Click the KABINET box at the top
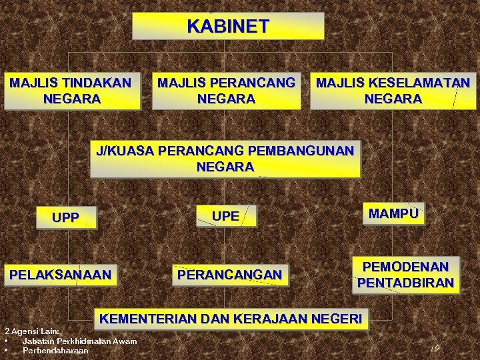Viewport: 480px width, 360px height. [x=228, y=27]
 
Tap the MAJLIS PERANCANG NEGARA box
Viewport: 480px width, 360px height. [x=226, y=91]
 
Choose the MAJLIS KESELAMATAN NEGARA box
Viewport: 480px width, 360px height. [x=393, y=91]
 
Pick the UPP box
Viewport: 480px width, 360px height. [x=65, y=217]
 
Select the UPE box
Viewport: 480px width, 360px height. [x=225, y=216]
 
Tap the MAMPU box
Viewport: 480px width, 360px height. [x=394, y=214]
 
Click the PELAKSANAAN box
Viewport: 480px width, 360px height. [x=60, y=275]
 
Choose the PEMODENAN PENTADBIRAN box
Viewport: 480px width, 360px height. [x=405, y=275]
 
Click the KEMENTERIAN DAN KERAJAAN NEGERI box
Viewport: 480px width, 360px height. [x=231, y=319]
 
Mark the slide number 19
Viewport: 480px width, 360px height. [x=435, y=349]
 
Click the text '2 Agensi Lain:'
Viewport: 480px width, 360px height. [x=32, y=331]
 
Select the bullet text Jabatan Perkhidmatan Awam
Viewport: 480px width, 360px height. [x=79, y=341]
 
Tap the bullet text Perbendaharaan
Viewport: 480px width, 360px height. [x=55, y=350]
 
